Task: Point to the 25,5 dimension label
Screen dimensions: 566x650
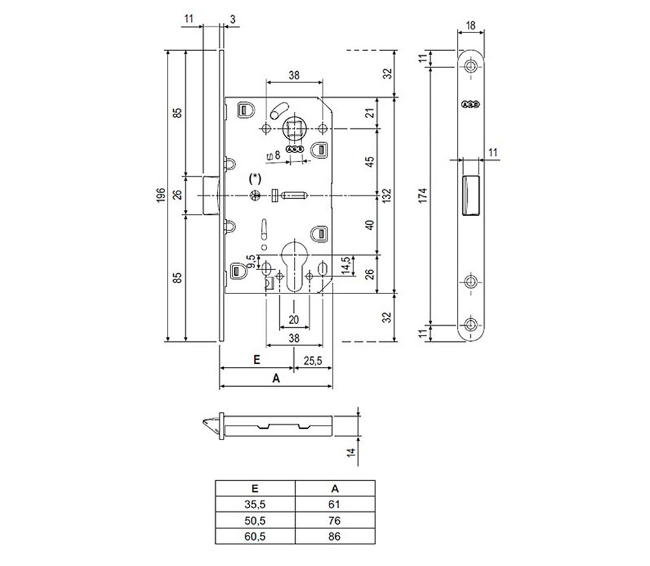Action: [313, 360]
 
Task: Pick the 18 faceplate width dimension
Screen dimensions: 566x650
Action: [471, 25]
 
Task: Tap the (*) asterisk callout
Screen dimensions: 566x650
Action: [256, 177]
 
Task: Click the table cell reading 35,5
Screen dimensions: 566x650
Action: [255, 505]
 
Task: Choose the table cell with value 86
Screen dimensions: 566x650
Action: [336, 536]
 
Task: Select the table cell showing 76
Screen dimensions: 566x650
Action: [336, 521]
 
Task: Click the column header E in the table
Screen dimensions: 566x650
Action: [255, 489]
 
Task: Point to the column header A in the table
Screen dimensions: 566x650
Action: [336, 489]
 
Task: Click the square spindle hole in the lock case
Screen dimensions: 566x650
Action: [294, 130]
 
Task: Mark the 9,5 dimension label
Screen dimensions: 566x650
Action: [251, 262]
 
